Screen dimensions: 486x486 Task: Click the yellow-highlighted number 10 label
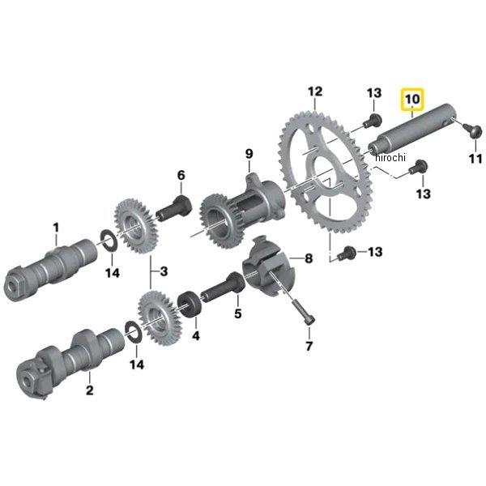(x=412, y=99)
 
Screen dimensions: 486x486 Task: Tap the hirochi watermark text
(x=390, y=157)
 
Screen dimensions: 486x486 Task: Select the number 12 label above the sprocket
(x=315, y=92)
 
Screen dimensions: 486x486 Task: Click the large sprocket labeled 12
(x=326, y=173)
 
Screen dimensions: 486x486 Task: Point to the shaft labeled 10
(x=411, y=127)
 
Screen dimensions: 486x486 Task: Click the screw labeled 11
(x=473, y=130)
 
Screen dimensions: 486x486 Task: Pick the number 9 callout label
(x=249, y=154)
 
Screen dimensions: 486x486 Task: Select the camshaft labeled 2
(x=70, y=363)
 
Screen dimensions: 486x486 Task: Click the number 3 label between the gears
(x=164, y=271)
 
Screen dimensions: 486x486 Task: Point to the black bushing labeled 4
(x=190, y=304)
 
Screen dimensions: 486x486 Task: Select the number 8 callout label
(x=309, y=258)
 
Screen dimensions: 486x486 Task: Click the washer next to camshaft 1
(x=109, y=241)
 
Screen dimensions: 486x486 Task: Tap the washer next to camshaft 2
(x=134, y=332)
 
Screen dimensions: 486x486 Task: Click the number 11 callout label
(x=475, y=159)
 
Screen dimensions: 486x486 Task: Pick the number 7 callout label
(x=309, y=346)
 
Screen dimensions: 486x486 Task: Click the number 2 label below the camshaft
(x=90, y=390)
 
